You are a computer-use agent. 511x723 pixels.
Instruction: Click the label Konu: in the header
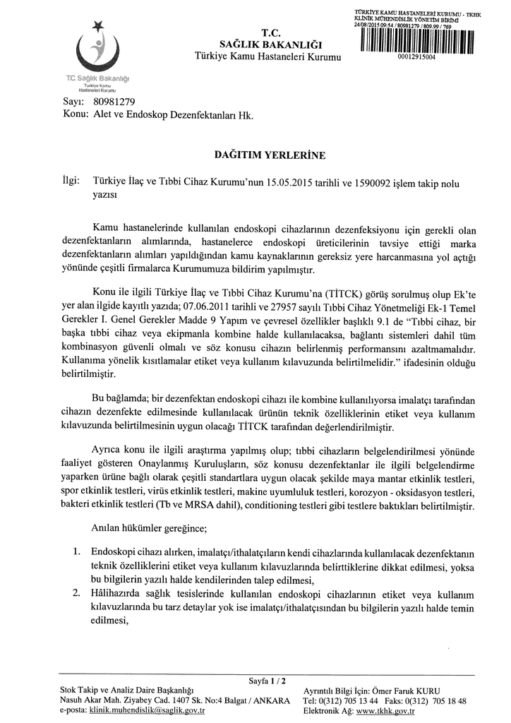[x=74, y=116]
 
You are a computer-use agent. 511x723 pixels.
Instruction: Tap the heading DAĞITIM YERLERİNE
[x=260, y=153]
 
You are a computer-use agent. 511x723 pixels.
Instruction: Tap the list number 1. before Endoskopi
[x=78, y=551]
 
